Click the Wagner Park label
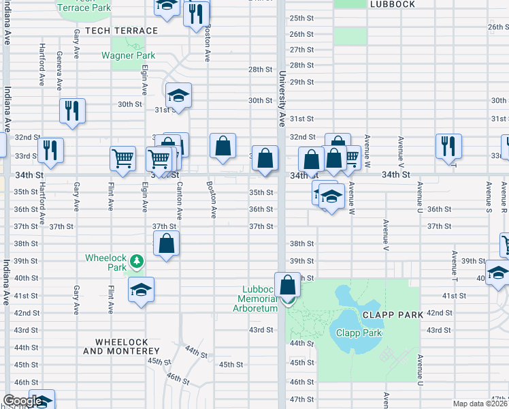tap(128, 56)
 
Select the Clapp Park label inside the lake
tap(359, 333)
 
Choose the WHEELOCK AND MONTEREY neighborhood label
tap(121, 346)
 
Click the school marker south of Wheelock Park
tap(142, 289)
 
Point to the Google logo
tap(22, 401)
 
